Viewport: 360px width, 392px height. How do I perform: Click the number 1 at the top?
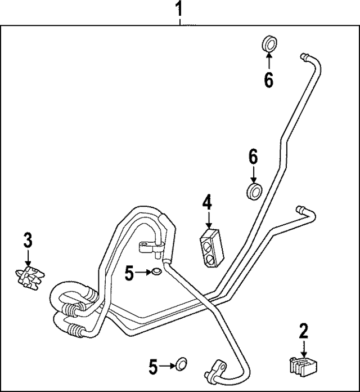(179, 10)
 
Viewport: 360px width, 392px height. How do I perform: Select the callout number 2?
(304, 331)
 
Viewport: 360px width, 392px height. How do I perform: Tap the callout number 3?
(28, 240)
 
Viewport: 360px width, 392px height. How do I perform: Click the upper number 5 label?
(130, 274)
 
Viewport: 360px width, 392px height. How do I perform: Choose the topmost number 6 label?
(268, 81)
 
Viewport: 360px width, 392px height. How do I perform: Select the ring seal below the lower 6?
(254, 190)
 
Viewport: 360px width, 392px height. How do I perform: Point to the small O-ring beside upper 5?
(156, 273)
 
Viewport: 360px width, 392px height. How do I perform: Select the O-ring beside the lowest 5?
(179, 364)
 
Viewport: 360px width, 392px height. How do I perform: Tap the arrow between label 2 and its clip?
(304, 347)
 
